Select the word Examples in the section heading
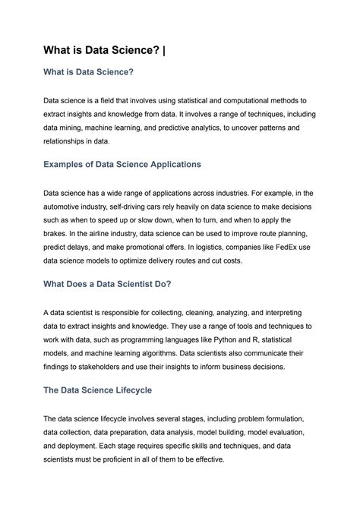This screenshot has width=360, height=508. click(x=69, y=165)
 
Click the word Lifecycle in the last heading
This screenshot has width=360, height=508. click(x=128, y=390)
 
